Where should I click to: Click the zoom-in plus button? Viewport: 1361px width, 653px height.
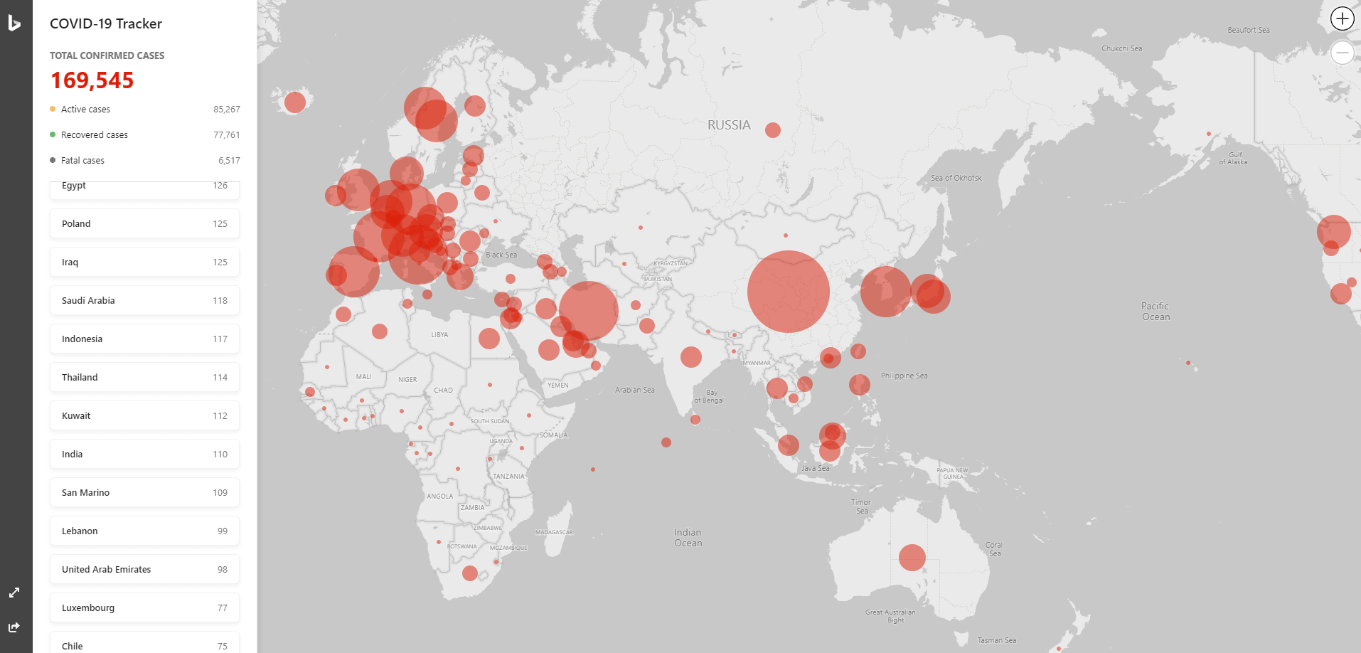(x=1342, y=18)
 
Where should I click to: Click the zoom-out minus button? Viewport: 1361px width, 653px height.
(x=1342, y=53)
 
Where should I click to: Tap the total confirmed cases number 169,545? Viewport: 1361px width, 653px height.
(x=92, y=80)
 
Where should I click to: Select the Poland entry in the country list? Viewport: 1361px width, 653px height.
(x=144, y=223)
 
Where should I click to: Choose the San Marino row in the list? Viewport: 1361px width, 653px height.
(x=144, y=492)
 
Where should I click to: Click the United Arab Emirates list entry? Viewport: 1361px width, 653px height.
(x=144, y=569)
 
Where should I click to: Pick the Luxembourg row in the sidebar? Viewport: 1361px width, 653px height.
(x=144, y=607)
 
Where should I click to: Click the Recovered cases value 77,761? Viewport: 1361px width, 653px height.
(x=226, y=134)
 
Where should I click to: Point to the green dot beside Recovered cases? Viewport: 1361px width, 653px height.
(x=53, y=134)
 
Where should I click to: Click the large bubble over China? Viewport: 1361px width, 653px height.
(x=788, y=292)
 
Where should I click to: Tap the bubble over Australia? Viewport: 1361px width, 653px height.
(x=912, y=558)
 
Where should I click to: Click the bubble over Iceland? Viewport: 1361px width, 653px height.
(x=294, y=102)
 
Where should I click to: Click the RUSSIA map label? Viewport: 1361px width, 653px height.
(x=729, y=125)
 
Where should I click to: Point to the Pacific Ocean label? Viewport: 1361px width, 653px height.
(x=1155, y=312)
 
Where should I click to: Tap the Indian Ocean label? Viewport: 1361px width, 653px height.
(x=688, y=538)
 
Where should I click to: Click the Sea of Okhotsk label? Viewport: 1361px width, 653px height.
(x=956, y=178)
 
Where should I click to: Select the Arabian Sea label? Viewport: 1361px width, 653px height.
(x=634, y=390)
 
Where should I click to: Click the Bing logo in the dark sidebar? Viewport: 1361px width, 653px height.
(x=14, y=23)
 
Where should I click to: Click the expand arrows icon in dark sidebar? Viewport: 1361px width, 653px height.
(x=14, y=593)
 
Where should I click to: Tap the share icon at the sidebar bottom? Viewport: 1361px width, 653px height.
(x=14, y=627)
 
